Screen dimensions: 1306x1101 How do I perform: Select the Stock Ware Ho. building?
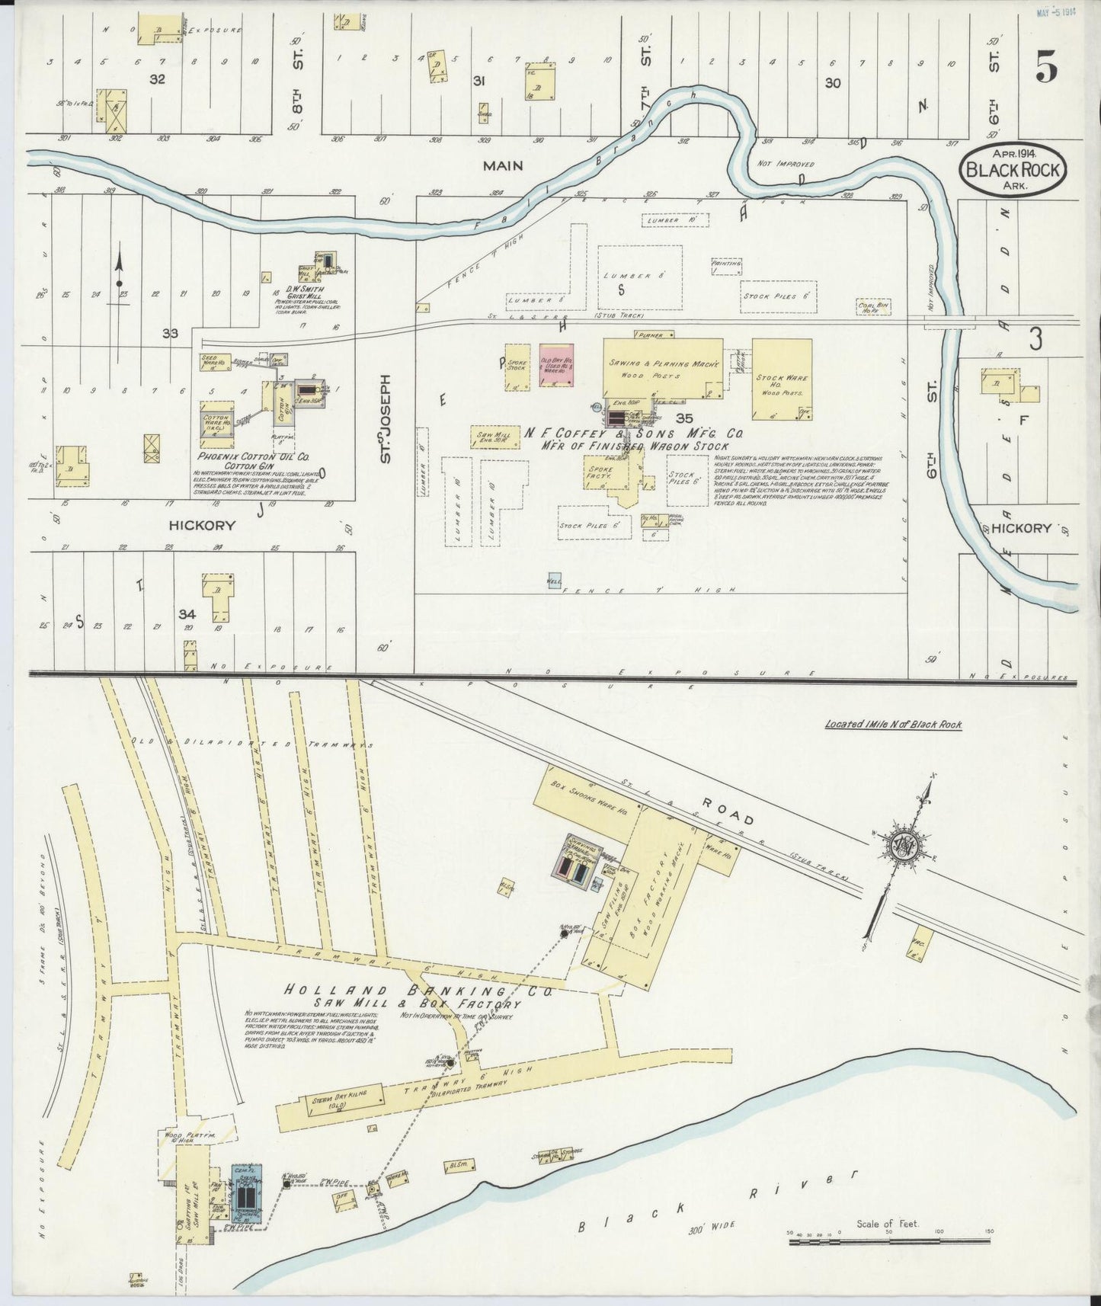(x=781, y=379)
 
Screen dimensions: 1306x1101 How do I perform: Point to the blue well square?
(x=555, y=581)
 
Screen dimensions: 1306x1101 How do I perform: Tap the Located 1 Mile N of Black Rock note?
(x=893, y=724)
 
